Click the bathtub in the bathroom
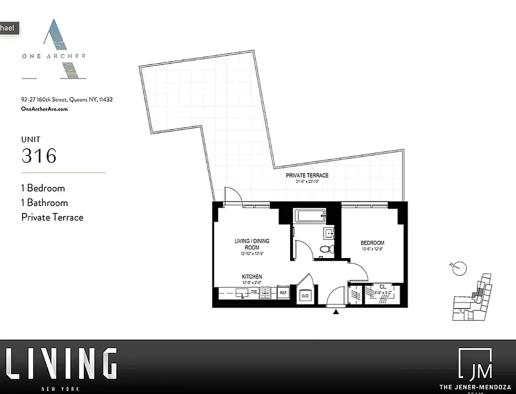coord(309,215)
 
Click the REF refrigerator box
coord(283,293)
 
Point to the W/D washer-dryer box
coord(305,295)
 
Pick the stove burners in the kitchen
coord(266,293)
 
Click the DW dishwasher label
coord(254,292)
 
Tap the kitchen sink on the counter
coord(241,293)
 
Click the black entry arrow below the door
coord(336,311)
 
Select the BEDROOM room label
coord(372,243)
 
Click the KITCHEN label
coord(251,277)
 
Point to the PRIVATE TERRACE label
coord(307,175)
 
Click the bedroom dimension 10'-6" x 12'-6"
coord(372,249)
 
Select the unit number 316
coord(39,156)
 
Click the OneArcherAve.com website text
coord(44,109)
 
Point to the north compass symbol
coord(459,268)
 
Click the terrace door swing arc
coord(232,194)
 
